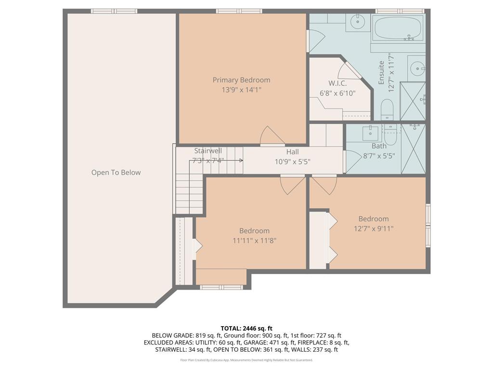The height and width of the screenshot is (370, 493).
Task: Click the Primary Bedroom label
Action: pyautogui.click(x=241, y=80)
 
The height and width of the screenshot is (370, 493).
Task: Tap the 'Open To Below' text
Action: pyautogui.click(x=116, y=172)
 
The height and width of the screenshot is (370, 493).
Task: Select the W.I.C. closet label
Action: pyautogui.click(x=337, y=83)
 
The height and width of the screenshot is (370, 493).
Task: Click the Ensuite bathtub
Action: pyautogui.click(x=398, y=28)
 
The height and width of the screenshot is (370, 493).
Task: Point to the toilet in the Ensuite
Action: pyautogui.click(x=388, y=110)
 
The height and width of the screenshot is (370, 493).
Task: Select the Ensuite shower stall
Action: pyautogui.click(x=413, y=101)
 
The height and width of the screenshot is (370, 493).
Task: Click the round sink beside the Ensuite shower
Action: pyautogui.click(x=416, y=68)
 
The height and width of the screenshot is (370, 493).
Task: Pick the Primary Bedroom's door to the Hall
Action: pyautogui.click(x=272, y=136)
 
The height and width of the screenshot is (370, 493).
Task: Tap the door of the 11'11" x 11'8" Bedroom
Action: pyautogui.click(x=293, y=185)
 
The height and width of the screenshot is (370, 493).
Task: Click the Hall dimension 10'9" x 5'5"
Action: pyautogui.click(x=292, y=161)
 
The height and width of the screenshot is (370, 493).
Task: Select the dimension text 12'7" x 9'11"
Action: pyautogui.click(x=373, y=229)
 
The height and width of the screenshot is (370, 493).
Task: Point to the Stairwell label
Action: pyautogui.click(x=208, y=151)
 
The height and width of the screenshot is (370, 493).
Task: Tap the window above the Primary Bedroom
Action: pyautogui.click(x=239, y=11)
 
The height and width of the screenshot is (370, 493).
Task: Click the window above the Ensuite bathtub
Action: pyautogui.click(x=399, y=11)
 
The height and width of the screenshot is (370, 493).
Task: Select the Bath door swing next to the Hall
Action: pyautogui.click(x=353, y=161)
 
